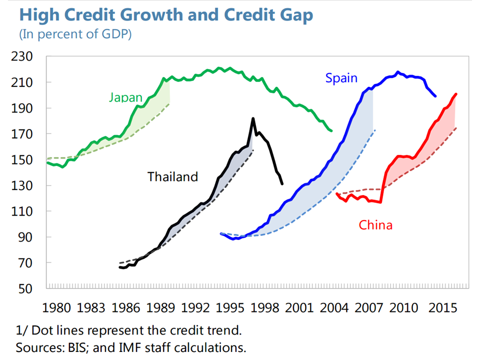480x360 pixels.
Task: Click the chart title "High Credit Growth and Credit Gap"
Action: point(166,15)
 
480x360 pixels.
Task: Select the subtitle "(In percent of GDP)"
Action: point(75,35)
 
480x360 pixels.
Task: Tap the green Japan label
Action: point(126,97)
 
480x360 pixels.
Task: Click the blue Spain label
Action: point(341,78)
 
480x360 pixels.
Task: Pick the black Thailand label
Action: point(172,176)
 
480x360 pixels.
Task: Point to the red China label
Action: point(375,225)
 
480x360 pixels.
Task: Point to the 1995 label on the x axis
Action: point(230,306)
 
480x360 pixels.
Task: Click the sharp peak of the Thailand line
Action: point(253,118)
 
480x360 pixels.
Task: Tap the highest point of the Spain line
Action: point(398,72)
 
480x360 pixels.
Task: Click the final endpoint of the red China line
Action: point(456,94)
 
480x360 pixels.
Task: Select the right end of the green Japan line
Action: point(331,131)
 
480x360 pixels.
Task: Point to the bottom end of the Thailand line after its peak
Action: point(282,184)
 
